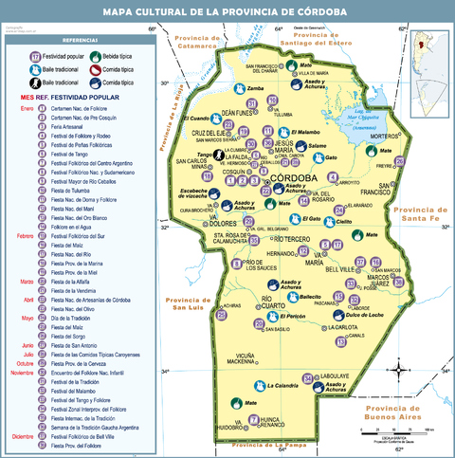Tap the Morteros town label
383,137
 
